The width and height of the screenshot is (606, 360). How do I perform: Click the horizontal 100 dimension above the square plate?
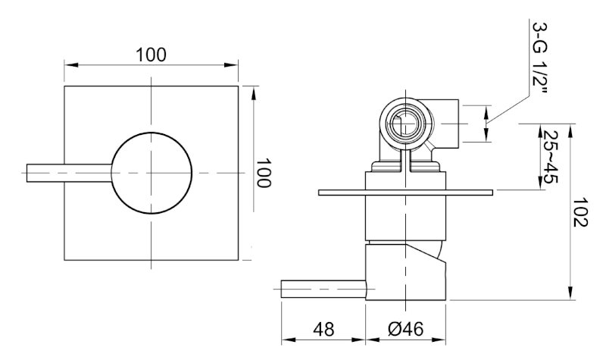[151, 55]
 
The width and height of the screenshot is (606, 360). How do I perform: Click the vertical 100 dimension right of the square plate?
[264, 173]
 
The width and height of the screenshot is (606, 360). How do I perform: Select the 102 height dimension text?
[579, 212]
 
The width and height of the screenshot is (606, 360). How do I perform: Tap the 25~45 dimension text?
[551, 157]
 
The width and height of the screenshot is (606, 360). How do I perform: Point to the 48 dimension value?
[323, 330]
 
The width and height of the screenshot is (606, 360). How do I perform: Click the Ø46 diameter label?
[405, 330]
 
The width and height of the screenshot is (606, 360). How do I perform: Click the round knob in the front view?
[151, 173]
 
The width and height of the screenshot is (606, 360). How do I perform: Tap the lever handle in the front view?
[69, 173]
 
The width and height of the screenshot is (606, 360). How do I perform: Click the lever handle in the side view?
[323, 289]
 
